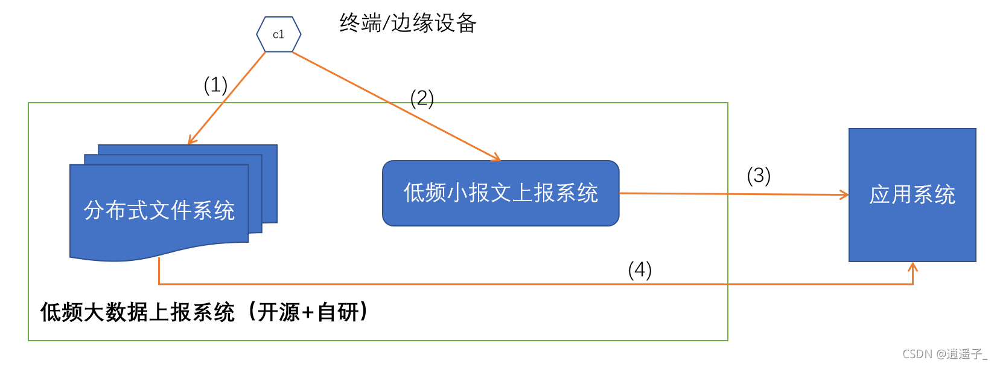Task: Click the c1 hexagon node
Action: (278, 34)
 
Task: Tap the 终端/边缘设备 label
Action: (408, 23)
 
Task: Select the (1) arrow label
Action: (215, 85)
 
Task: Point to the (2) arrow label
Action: (422, 98)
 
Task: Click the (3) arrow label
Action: (759, 176)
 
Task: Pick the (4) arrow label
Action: (640, 269)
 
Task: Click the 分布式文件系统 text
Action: (159, 210)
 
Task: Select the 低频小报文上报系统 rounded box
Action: (500, 193)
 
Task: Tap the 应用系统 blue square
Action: (912, 194)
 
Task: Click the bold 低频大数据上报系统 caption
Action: (138, 312)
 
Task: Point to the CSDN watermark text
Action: (944, 354)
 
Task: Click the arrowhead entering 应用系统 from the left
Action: (845, 194)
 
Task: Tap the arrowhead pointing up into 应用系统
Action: (913, 266)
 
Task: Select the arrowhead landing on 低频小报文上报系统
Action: (497, 158)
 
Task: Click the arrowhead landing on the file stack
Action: (191, 141)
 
